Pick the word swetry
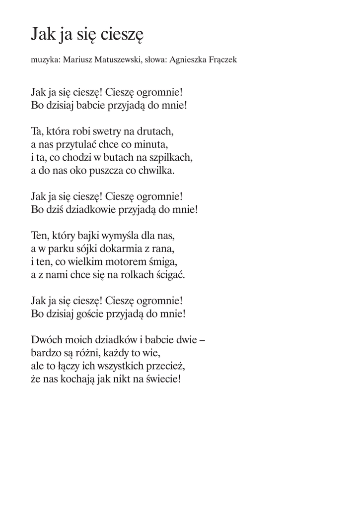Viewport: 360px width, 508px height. [110, 132]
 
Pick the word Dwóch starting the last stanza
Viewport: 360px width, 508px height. [46, 340]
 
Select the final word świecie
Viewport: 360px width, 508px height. [162, 379]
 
